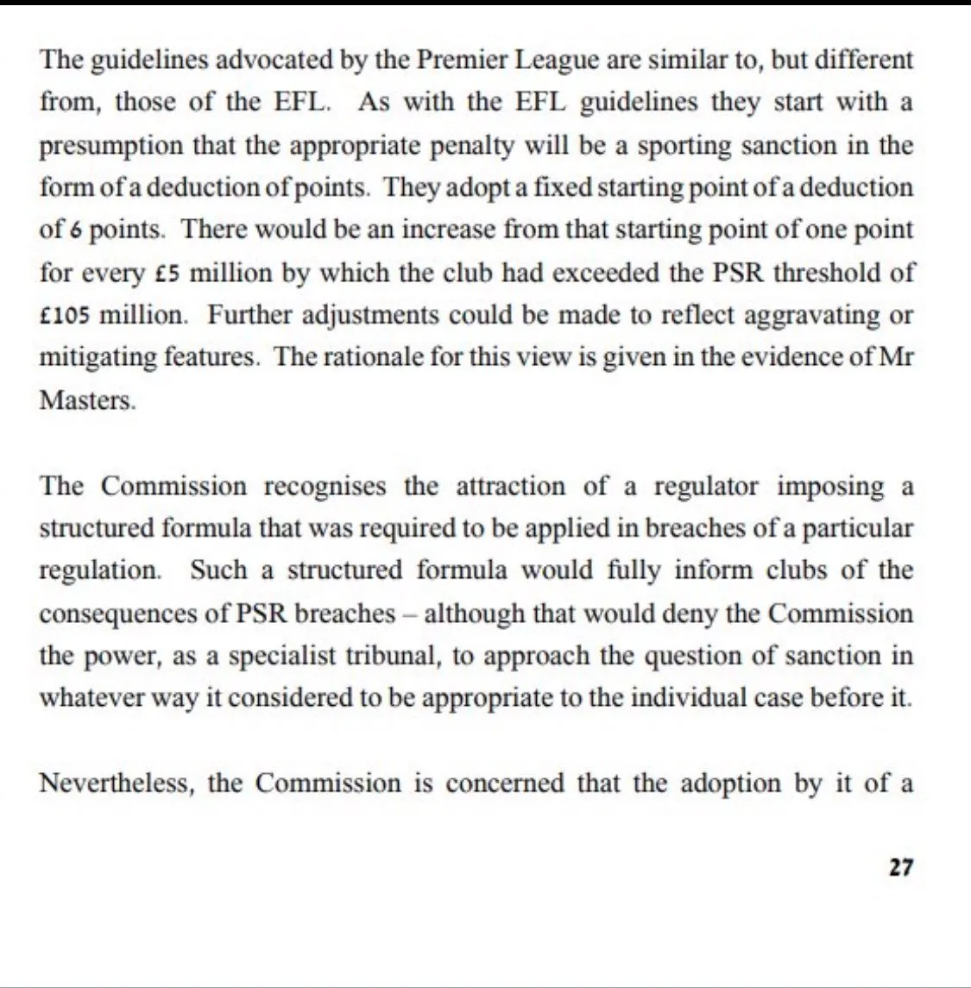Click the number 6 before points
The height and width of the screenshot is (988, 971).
pyautogui.click(x=76, y=230)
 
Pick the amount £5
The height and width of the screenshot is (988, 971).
pyautogui.click(x=166, y=273)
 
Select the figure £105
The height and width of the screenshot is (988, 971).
pyautogui.click(x=66, y=315)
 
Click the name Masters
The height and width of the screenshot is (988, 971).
pyautogui.click(x=86, y=400)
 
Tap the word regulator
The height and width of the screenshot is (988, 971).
pyautogui.click(x=705, y=486)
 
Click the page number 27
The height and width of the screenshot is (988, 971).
pyautogui.click(x=900, y=867)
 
